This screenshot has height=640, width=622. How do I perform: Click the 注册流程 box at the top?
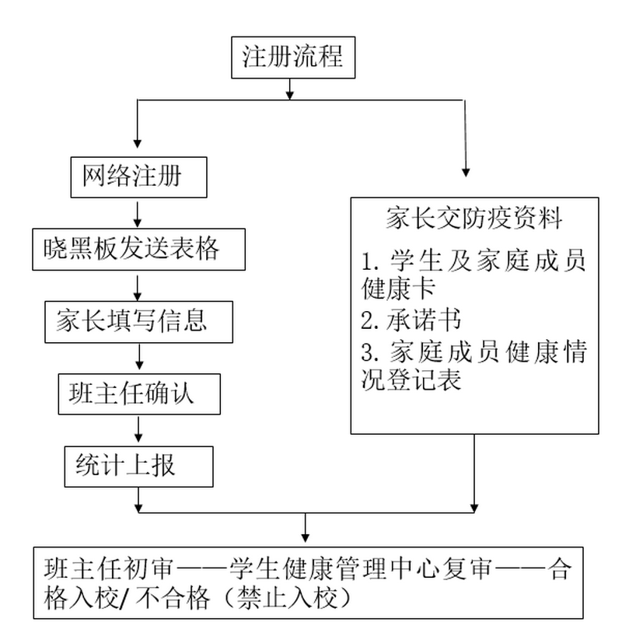tap(292, 58)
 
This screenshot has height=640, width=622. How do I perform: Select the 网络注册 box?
tap(137, 177)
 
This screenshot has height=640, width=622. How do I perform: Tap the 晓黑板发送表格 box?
tap(138, 250)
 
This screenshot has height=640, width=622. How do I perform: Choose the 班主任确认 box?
tap(138, 393)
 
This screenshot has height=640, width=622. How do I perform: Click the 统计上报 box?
tap(138, 464)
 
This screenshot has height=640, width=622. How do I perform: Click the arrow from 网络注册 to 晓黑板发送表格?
tap(138, 213)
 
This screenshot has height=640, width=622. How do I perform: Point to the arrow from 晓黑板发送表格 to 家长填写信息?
tap(138, 286)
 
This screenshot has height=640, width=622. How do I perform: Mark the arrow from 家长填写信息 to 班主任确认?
tap(138, 357)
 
